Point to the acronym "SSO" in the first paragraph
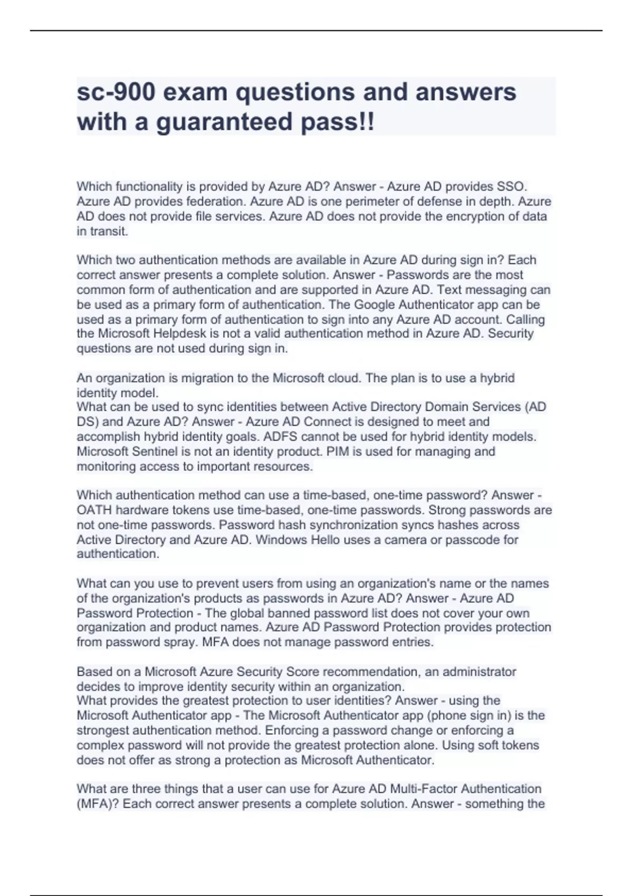[x=511, y=187]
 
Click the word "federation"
[x=216, y=201]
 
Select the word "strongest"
[x=103, y=731]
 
